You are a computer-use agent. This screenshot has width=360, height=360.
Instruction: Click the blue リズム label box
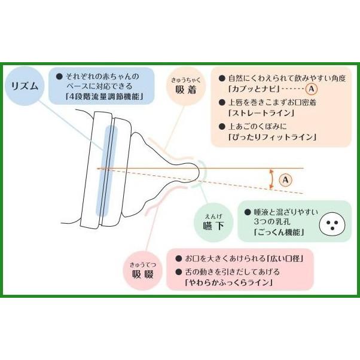26,86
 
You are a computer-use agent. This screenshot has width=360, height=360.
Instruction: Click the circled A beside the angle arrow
285,179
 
